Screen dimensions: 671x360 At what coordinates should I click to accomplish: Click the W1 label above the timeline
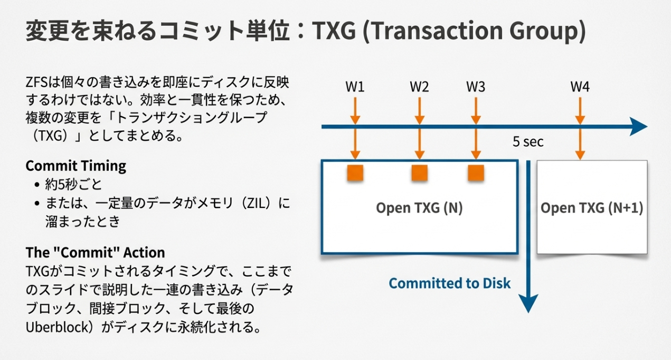(x=355, y=87)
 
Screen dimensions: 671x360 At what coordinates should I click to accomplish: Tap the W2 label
(x=419, y=87)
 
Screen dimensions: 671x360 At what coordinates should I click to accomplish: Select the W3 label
(x=476, y=87)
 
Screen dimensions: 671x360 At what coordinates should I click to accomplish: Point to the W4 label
(x=580, y=87)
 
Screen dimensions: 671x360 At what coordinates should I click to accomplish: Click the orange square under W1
(x=355, y=173)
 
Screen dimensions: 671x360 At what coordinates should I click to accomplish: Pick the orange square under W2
(x=419, y=173)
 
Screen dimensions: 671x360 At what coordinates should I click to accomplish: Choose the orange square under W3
(x=476, y=173)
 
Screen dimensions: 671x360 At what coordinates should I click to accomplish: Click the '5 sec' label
(x=528, y=141)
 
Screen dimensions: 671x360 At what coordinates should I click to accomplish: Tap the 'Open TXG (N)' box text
(x=419, y=208)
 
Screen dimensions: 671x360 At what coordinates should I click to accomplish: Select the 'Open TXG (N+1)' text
(x=592, y=208)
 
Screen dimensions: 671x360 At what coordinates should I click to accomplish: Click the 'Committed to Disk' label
(x=450, y=283)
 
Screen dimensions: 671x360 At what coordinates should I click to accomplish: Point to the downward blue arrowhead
(x=528, y=303)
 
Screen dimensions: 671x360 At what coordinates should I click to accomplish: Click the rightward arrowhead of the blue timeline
(x=639, y=126)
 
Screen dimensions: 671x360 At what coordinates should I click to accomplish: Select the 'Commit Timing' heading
(x=76, y=166)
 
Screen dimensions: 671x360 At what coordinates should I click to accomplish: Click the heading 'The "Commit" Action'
(x=95, y=252)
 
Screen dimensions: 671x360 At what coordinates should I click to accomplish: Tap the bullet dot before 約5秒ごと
(x=37, y=185)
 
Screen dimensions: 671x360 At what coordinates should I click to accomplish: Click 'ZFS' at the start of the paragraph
(x=36, y=82)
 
